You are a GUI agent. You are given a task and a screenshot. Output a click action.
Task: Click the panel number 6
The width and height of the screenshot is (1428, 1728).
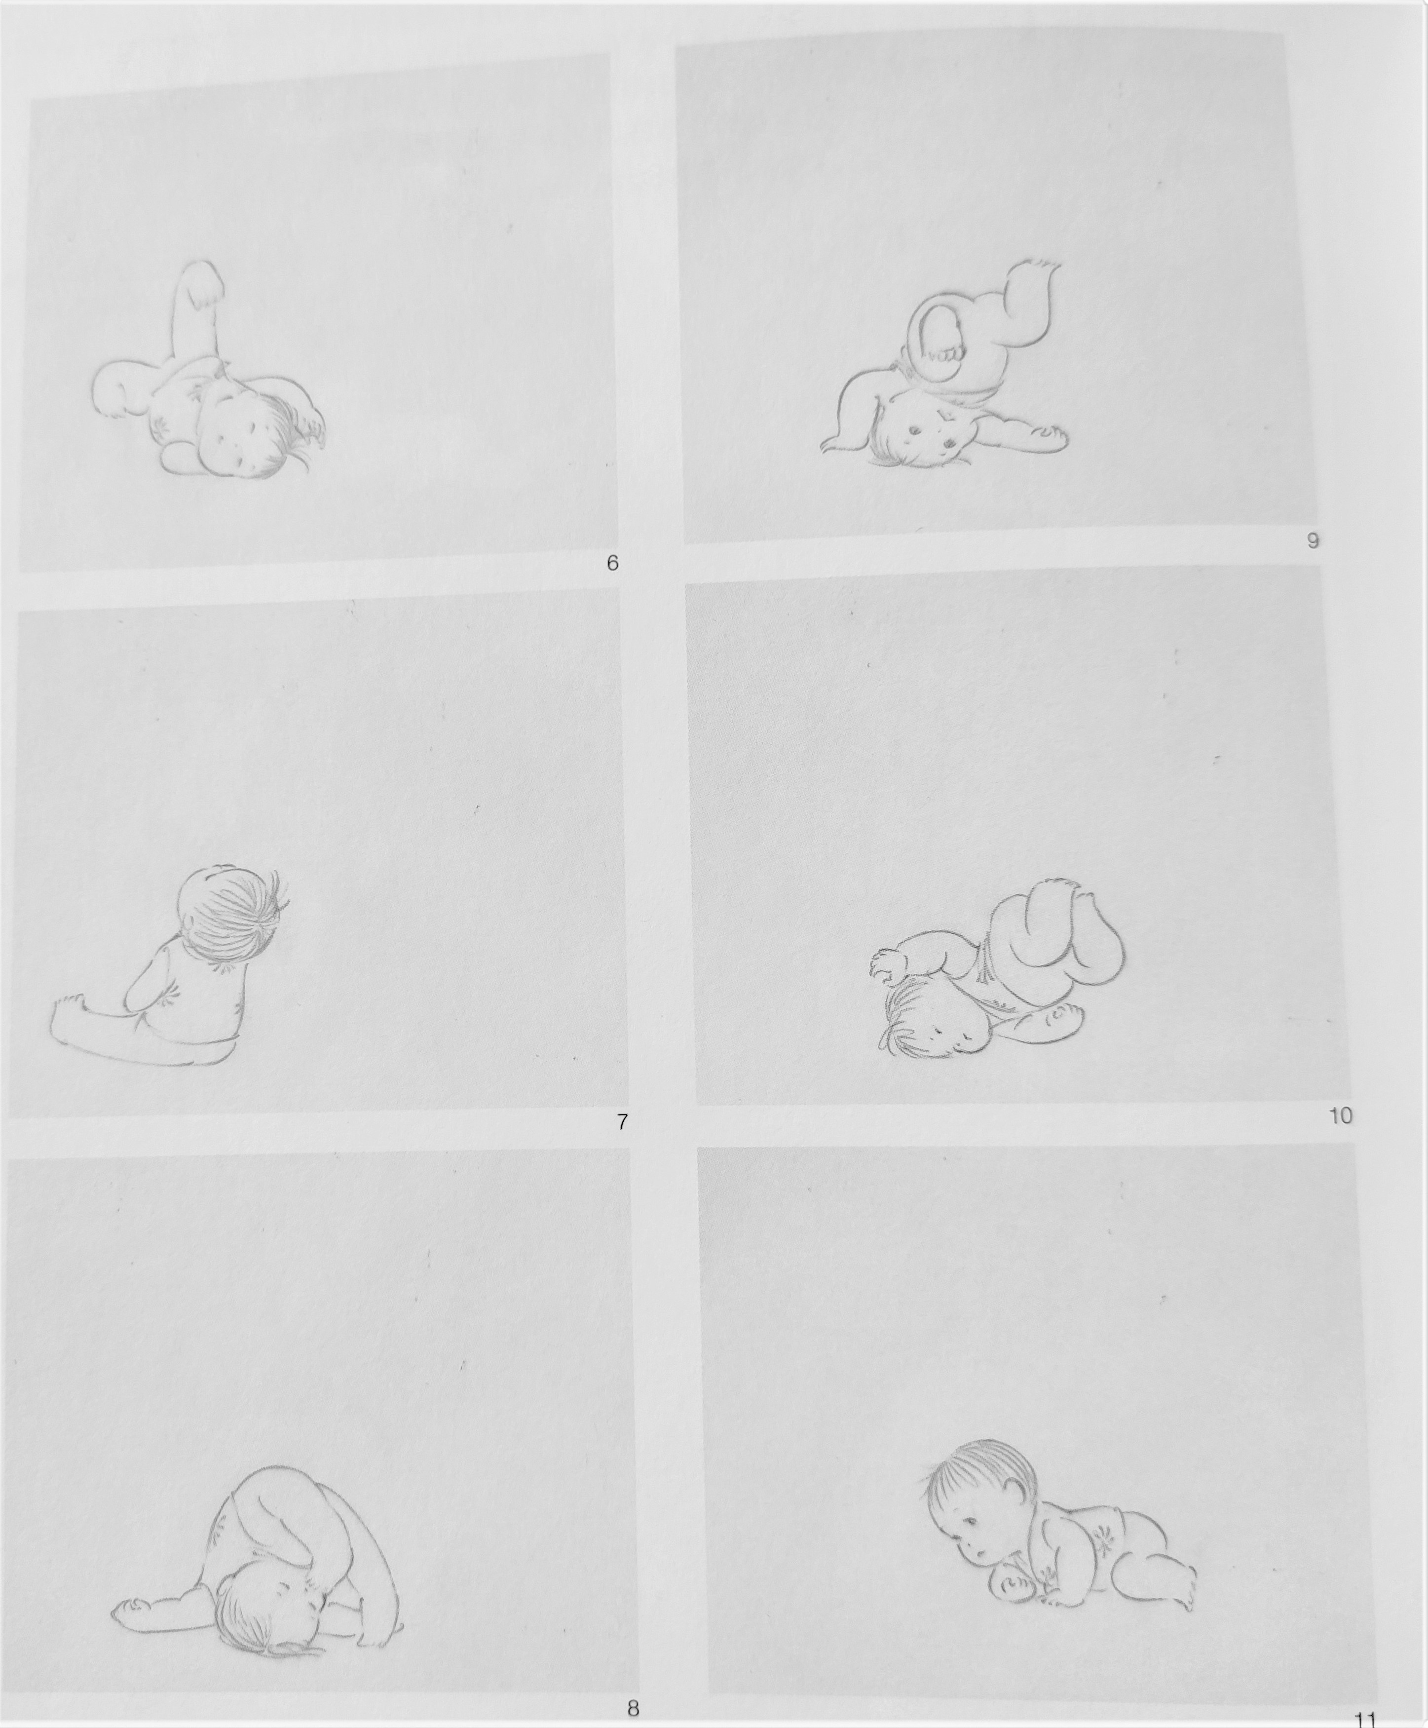[x=612, y=564]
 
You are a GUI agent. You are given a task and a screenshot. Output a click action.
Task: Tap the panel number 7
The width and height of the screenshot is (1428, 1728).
[x=623, y=1121]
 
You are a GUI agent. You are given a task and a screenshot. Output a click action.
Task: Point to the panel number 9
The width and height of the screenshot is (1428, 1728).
[x=1313, y=540]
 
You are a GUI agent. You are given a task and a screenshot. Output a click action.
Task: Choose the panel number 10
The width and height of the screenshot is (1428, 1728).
[x=1340, y=1116]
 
